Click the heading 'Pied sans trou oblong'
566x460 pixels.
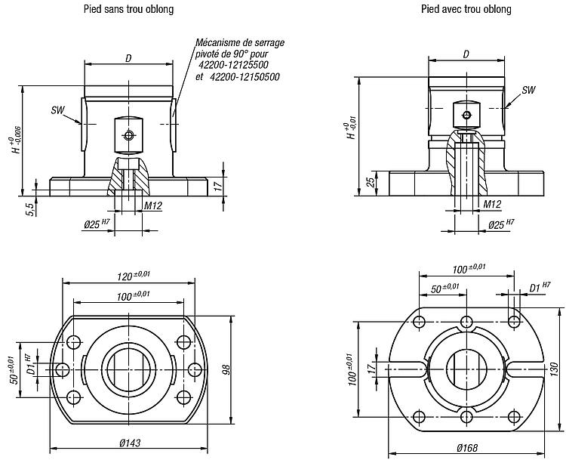pyautogui.click(x=129, y=8)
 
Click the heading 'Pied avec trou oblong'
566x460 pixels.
pyautogui.click(x=466, y=8)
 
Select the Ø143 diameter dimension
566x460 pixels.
pyautogui.click(x=130, y=443)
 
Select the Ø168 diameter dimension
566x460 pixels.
pyautogui.click(x=466, y=448)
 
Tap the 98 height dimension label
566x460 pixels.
pyautogui.click(x=226, y=369)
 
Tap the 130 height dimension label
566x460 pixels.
pyautogui.click(x=555, y=370)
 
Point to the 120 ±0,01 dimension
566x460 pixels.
pyautogui.click(x=133, y=276)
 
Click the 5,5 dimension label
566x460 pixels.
pyautogui.click(x=31, y=209)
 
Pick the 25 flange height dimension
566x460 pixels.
pyautogui.click(x=371, y=183)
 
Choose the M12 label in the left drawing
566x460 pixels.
pyautogui.click(x=153, y=205)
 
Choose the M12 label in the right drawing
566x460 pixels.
pyautogui.click(x=492, y=204)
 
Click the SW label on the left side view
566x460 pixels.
pyautogui.click(x=57, y=110)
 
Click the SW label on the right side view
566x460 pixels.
pyautogui.click(x=528, y=90)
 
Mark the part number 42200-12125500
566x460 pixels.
pyautogui.click(x=239, y=65)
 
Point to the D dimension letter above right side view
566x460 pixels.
pyautogui.click(x=466, y=54)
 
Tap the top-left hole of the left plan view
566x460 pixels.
pyautogui.click(x=74, y=341)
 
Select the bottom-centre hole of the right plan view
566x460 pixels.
pyautogui.click(x=466, y=416)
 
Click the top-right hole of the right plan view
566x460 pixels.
pyautogui.click(x=514, y=321)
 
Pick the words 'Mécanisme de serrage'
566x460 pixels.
pyautogui.click(x=240, y=42)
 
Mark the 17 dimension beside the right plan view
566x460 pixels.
pyautogui.click(x=371, y=369)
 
